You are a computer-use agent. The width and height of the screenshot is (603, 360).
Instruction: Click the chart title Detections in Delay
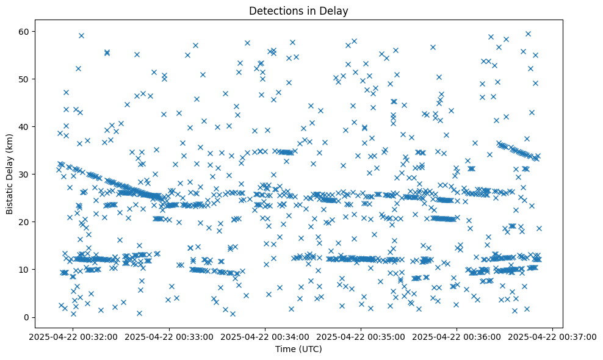click(x=298, y=10)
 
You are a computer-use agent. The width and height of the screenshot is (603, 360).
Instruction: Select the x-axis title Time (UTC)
click(x=298, y=349)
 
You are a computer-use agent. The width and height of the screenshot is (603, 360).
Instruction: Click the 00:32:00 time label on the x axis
click(x=74, y=336)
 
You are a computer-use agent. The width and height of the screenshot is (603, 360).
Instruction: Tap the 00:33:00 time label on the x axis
click(x=170, y=336)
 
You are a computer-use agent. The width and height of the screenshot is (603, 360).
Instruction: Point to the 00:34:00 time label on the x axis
click(x=265, y=336)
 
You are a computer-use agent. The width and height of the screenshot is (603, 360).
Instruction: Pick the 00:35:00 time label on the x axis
click(x=361, y=336)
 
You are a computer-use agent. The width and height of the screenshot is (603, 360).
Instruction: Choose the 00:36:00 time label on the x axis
click(x=457, y=336)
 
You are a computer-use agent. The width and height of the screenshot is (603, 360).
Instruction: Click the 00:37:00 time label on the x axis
click(x=553, y=336)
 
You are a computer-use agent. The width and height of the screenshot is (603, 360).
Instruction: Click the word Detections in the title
click(x=272, y=10)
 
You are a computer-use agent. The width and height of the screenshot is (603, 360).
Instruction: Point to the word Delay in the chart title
click(x=336, y=10)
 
